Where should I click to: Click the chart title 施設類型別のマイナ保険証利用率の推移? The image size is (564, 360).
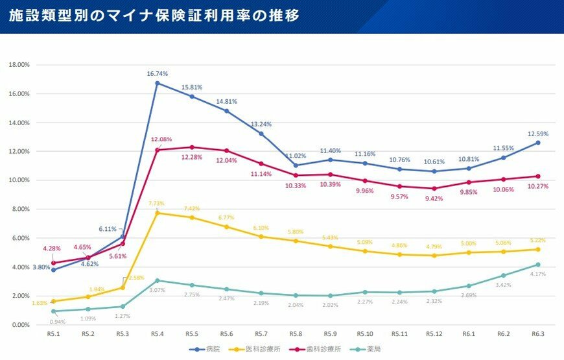pos(154,16)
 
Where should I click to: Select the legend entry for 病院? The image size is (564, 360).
pos(208,349)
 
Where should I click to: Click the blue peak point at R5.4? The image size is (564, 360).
pos(157,83)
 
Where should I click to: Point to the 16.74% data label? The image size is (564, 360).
pos(157,74)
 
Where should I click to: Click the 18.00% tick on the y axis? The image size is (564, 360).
pos(19,65)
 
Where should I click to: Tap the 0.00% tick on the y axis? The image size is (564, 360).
pos(20,324)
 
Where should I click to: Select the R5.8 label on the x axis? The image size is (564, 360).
pos(295,333)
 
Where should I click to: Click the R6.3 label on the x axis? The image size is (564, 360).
pos(537,333)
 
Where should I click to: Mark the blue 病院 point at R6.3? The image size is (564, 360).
pos(537,143)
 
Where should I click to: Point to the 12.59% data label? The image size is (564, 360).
pos(537,134)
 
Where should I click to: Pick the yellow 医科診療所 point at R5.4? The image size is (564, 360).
pos(157,213)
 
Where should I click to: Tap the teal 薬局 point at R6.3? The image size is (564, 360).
pos(537,265)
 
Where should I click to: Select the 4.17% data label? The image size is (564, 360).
pos(537,274)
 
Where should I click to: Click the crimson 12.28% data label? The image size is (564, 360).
pos(191,158)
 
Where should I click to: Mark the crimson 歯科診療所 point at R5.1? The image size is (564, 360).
pos(53,263)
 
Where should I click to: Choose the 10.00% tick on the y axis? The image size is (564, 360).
pos(19,180)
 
